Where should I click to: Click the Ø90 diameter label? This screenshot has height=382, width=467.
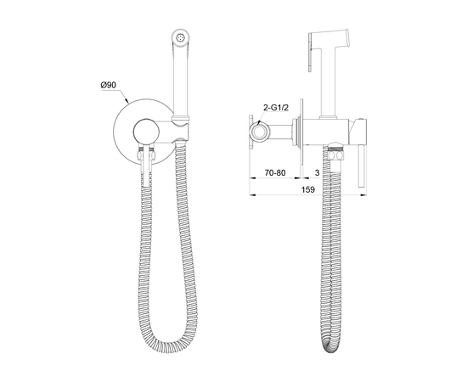(109, 85)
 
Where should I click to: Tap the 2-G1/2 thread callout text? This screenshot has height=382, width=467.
(276, 108)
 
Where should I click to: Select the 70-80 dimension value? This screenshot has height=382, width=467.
(275, 172)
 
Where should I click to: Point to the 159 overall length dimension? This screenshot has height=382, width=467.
(307, 189)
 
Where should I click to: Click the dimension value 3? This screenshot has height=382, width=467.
(317, 172)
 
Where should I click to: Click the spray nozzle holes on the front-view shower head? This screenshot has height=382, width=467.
(181, 38)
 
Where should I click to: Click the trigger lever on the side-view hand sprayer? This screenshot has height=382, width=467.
(310, 52)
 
